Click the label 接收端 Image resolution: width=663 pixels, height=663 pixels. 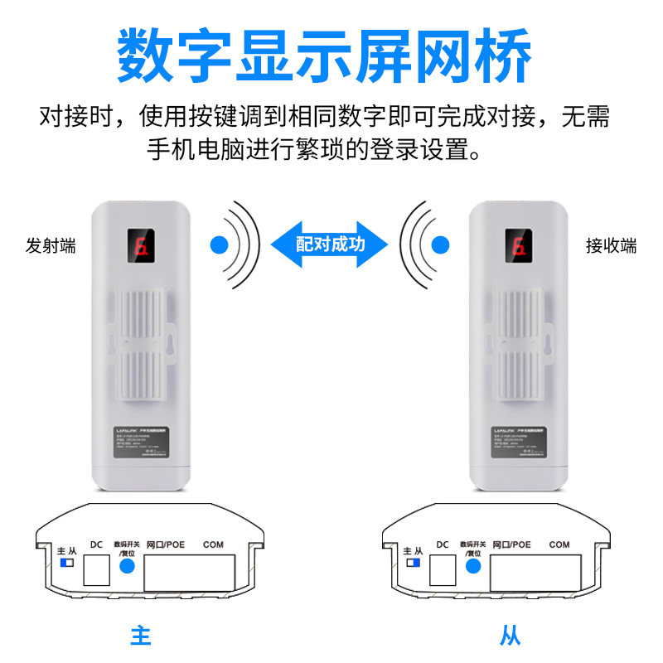[x=611, y=246]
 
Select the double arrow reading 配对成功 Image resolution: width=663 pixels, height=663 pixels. [x=330, y=244]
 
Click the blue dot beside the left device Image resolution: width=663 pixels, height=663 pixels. [x=219, y=244]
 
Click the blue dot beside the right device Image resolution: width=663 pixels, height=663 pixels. [x=441, y=244]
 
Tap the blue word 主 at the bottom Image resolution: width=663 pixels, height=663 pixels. [x=141, y=636]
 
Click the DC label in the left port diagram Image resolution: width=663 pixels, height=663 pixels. [x=96, y=544]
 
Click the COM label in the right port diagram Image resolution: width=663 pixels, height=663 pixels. [x=559, y=544]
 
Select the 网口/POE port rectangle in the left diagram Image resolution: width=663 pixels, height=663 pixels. [x=190, y=571]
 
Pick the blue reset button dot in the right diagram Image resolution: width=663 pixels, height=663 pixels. [x=473, y=567]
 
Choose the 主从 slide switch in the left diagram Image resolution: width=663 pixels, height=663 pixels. [x=67, y=563]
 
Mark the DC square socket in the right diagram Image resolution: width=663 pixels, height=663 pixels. [x=443, y=569]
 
